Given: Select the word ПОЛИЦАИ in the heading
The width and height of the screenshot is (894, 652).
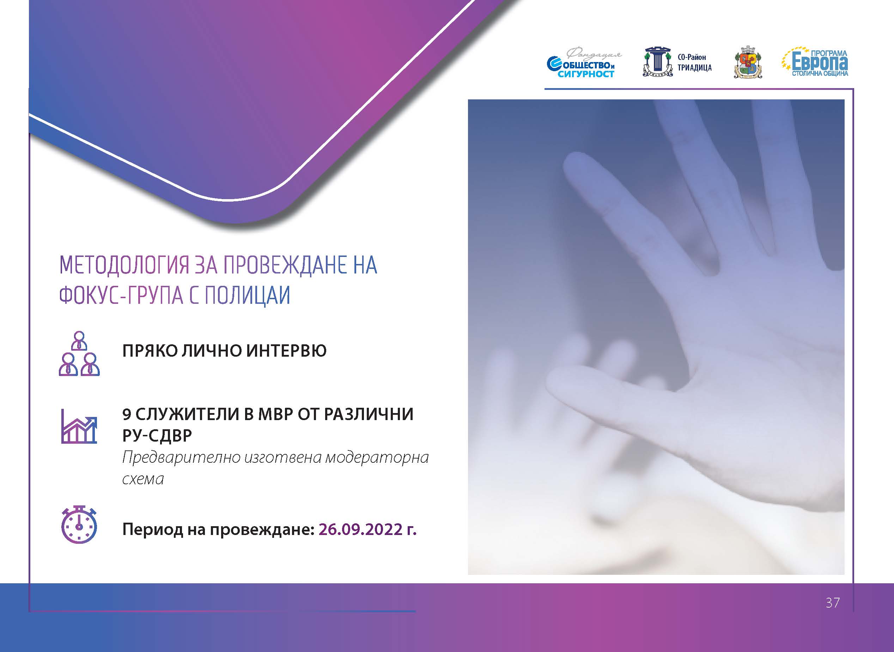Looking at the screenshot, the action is pyautogui.click(x=247, y=296).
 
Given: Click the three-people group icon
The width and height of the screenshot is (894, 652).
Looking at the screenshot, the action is pyautogui.click(x=79, y=353).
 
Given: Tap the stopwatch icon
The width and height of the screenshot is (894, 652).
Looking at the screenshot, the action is pyautogui.click(x=79, y=524).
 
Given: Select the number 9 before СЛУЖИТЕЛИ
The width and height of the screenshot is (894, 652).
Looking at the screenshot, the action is pyautogui.click(x=127, y=414).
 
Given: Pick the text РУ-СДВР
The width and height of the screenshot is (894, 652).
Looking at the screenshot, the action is pyautogui.click(x=157, y=435).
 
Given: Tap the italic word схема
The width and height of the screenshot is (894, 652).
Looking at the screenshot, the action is pyautogui.click(x=142, y=479).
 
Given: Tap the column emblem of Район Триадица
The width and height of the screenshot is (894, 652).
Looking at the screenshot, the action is pyautogui.click(x=657, y=62).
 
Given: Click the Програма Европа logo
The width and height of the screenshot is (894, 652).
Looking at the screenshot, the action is pyautogui.click(x=815, y=62).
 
